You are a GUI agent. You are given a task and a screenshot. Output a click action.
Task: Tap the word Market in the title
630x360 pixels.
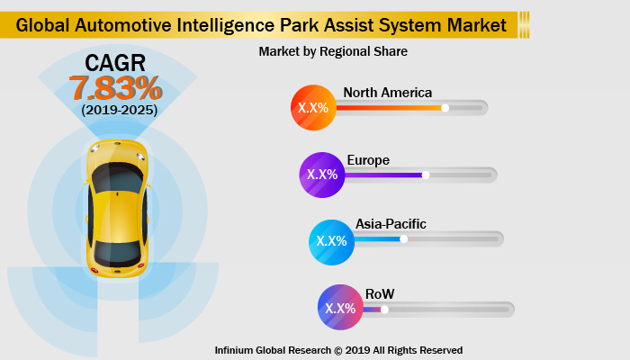point(471,25)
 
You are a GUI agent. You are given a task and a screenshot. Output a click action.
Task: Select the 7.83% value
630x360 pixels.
point(115,88)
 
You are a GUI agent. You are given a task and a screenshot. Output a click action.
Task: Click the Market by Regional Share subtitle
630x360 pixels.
point(333,52)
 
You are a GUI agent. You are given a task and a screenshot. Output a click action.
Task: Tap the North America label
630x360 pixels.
point(387,93)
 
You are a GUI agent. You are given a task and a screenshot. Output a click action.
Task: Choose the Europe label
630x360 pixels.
point(368,160)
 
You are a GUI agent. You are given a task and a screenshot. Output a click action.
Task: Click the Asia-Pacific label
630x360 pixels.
point(390,224)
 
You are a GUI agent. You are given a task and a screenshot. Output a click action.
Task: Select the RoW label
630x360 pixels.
point(380,293)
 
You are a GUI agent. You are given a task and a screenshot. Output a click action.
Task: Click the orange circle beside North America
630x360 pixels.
point(313,108)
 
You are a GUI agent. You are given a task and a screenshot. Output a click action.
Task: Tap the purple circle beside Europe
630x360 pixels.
point(322,175)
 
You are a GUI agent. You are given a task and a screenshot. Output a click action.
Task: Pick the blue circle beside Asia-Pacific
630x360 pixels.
point(331,240)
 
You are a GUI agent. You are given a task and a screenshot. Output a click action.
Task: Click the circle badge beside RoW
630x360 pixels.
point(340,308)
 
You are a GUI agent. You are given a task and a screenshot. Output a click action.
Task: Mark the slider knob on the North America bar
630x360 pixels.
point(445,108)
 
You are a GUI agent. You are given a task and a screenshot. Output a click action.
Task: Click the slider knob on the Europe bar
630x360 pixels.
point(426,175)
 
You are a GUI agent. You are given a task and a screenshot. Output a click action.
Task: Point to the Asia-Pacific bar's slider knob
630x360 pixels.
point(404,239)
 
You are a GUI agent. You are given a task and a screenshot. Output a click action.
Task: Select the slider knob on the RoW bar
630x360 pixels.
point(384,309)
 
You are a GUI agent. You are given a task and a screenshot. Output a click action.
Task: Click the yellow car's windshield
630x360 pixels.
point(116,177)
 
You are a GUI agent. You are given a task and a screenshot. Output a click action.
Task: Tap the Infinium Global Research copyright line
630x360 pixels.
point(338,350)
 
